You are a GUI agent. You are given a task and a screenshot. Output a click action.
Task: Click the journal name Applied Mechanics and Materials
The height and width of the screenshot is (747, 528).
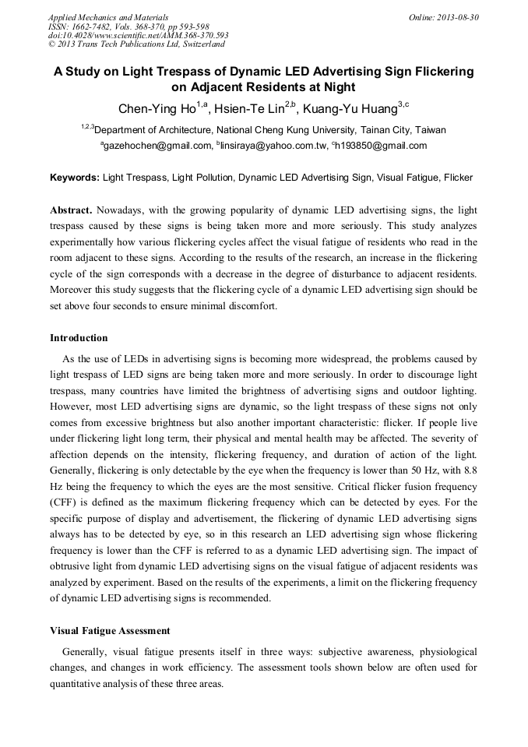coord(107,16)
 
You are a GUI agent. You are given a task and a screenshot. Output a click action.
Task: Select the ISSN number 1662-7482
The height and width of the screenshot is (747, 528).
coord(93,26)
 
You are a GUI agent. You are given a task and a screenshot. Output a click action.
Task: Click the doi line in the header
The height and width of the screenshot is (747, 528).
coord(138,35)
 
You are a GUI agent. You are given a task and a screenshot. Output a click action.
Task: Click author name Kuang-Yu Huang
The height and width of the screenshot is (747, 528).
coord(351,107)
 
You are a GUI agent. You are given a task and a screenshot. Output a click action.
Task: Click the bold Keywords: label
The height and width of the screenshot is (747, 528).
coord(75,178)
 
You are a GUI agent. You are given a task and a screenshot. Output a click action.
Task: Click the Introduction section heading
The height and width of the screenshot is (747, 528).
coord(79,338)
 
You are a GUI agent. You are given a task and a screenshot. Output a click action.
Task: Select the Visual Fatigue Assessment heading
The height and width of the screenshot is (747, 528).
coord(110,630)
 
